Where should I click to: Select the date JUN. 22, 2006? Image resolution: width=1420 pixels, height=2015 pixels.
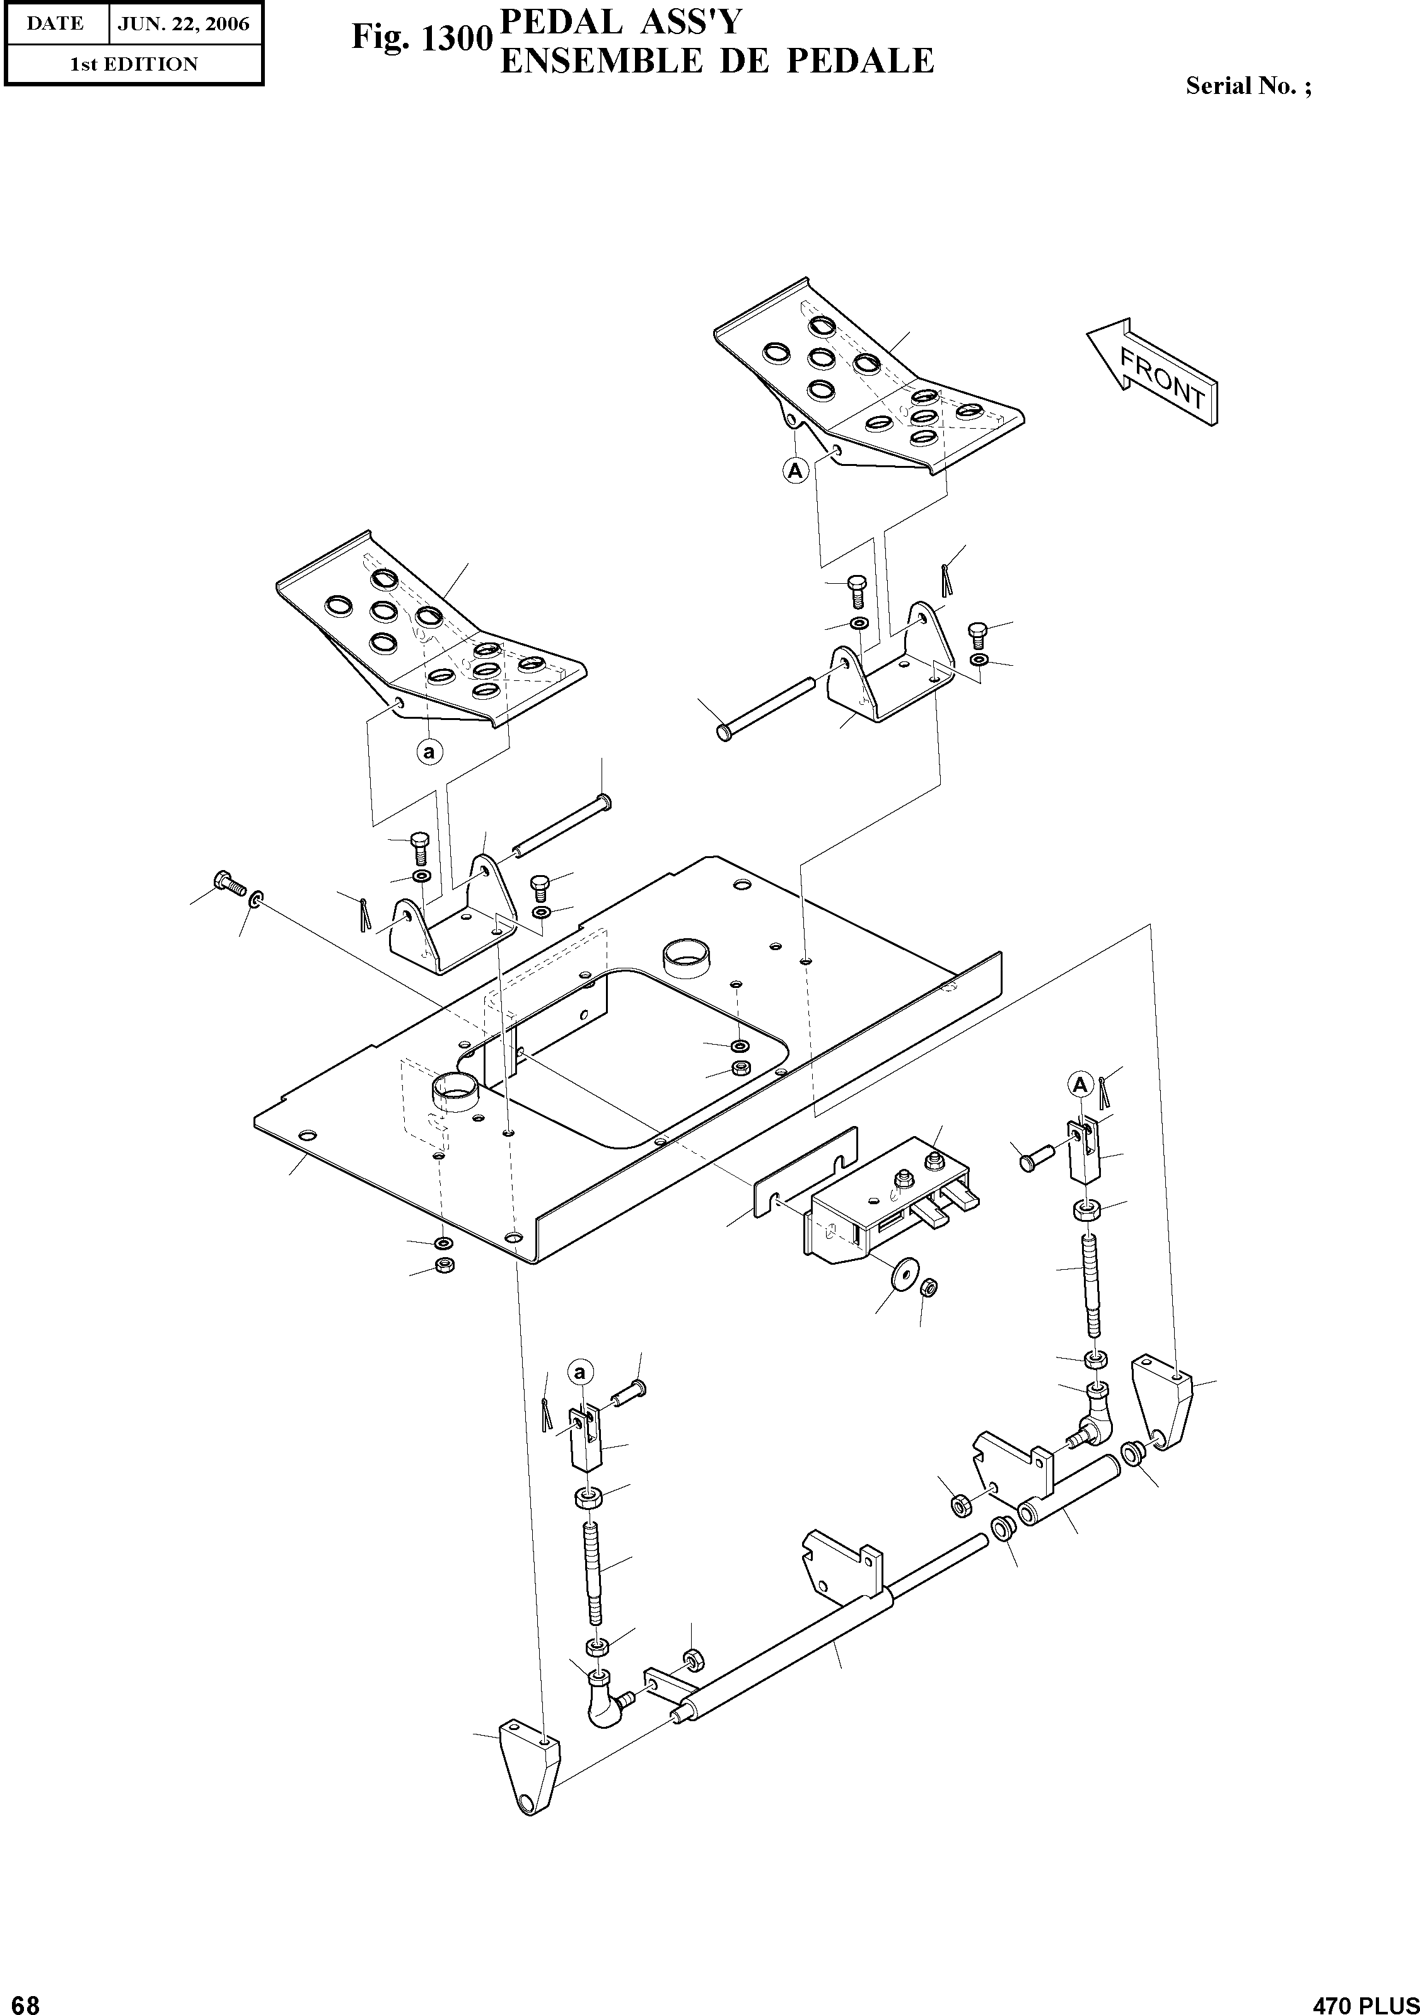(183, 24)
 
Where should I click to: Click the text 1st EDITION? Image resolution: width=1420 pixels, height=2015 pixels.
(134, 64)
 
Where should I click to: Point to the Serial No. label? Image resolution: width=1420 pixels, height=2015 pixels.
(1248, 86)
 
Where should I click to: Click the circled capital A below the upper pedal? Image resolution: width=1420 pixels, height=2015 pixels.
(795, 471)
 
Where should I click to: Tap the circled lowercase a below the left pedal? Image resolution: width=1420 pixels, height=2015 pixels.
(429, 752)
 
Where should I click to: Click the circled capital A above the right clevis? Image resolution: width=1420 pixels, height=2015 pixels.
(1079, 1086)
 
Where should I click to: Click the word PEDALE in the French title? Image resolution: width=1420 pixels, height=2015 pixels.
(859, 61)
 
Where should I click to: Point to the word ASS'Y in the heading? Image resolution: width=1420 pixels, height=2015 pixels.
(681, 23)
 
